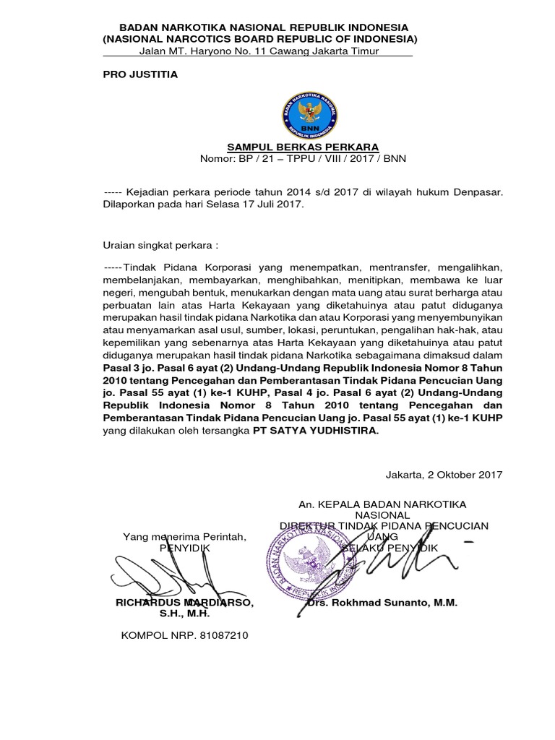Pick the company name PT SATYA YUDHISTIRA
coord(314,431)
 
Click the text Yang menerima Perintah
coord(185,537)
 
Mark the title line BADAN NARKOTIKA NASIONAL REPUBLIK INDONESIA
coord(259,27)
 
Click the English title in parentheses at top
coord(259,38)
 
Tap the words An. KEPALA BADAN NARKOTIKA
coord(382,504)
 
